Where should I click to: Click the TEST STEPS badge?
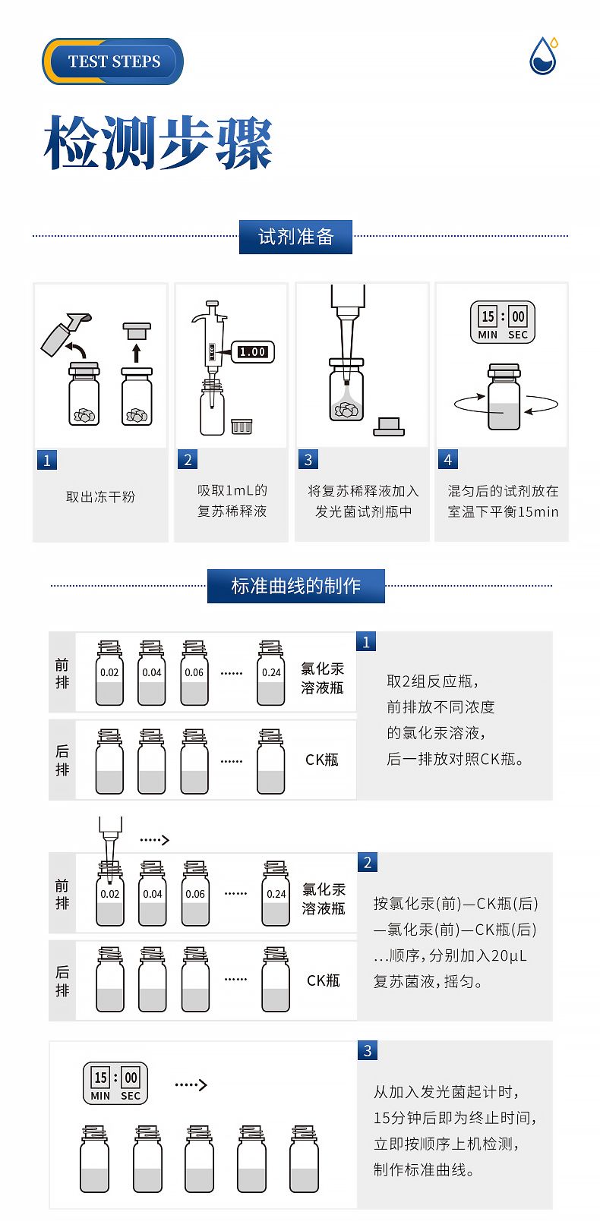point(113,61)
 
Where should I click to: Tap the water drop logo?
point(544,55)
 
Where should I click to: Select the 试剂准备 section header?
point(295,237)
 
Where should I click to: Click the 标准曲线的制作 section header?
point(295,586)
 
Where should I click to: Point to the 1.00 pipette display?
point(252,352)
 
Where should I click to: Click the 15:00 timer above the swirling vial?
point(502,322)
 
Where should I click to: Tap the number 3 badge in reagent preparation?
point(308,460)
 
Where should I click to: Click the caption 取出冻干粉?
point(100,496)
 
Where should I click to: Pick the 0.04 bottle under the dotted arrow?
point(152,893)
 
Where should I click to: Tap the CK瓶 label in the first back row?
point(322,760)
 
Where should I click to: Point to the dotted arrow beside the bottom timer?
point(191,1084)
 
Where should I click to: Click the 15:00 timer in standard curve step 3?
point(115,1083)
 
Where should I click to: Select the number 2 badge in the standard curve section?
point(367,862)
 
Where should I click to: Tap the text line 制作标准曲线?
point(424,1169)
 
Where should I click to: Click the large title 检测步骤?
point(158,142)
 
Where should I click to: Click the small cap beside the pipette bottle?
point(242,426)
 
